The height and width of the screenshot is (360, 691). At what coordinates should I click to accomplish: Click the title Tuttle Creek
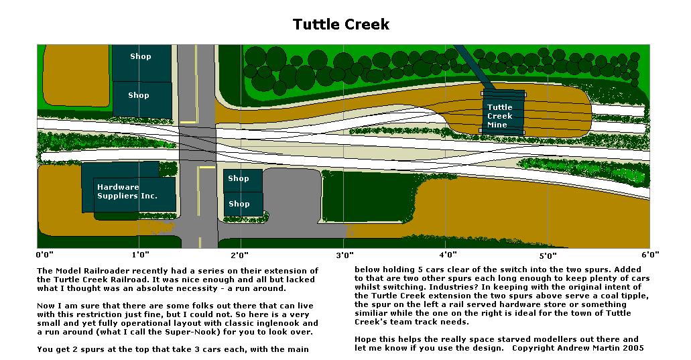(x=340, y=25)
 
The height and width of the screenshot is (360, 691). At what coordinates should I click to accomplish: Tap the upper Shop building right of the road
(x=238, y=179)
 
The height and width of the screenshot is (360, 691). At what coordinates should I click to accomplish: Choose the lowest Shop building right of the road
(x=238, y=204)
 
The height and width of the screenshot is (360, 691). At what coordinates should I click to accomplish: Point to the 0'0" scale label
(x=46, y=255)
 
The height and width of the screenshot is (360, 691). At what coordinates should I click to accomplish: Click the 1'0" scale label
(x=141, y=255)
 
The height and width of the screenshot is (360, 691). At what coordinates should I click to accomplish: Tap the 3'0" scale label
(x=344, y=255)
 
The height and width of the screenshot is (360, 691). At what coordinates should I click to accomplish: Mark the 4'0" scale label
(x=448, y=255)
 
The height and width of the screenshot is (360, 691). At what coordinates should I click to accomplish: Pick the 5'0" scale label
(x=548, y=255)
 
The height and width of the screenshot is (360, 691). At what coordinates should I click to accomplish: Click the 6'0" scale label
(x=649, y=255)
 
